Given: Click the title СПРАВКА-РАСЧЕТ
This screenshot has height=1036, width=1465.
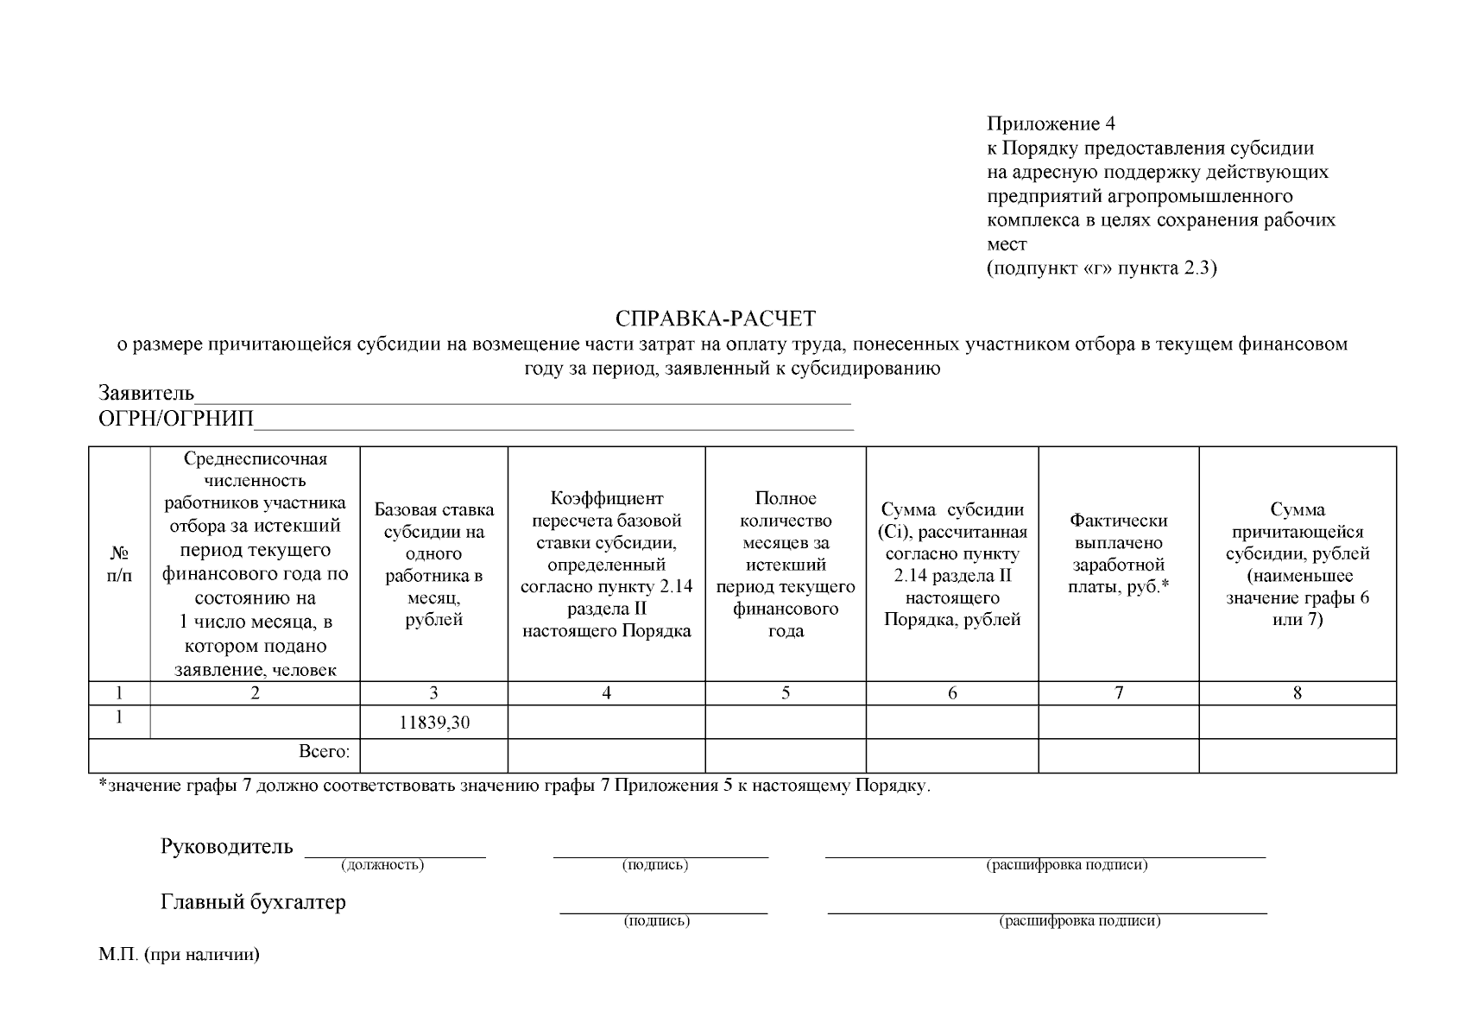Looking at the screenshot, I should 715,319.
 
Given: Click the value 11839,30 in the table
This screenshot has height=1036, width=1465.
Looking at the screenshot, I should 434,723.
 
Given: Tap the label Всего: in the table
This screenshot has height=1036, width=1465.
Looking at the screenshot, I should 325,752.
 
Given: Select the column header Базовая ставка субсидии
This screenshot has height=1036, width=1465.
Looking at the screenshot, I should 434,565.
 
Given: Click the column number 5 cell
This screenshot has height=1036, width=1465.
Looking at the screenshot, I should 785,692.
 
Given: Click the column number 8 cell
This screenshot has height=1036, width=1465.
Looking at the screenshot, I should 1297,692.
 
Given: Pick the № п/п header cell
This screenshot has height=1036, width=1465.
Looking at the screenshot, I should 119,563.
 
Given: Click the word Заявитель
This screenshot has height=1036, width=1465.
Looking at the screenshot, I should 146,394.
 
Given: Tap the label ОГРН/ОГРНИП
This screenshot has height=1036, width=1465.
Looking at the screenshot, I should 176,420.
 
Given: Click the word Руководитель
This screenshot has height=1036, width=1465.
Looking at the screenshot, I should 227,846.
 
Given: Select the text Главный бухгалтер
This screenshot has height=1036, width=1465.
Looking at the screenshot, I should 253,902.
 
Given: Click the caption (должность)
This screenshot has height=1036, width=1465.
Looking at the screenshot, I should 382,865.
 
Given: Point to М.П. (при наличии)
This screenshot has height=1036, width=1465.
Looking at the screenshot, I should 179,955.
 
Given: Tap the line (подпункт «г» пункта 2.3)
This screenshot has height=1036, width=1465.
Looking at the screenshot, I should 1102,268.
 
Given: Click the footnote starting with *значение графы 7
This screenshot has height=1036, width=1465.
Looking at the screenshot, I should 515,786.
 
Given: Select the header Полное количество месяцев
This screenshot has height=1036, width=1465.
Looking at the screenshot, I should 785,565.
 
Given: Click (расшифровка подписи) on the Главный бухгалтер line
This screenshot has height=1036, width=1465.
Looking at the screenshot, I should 1079,921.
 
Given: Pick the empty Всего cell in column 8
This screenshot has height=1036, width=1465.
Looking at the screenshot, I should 1297,755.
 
